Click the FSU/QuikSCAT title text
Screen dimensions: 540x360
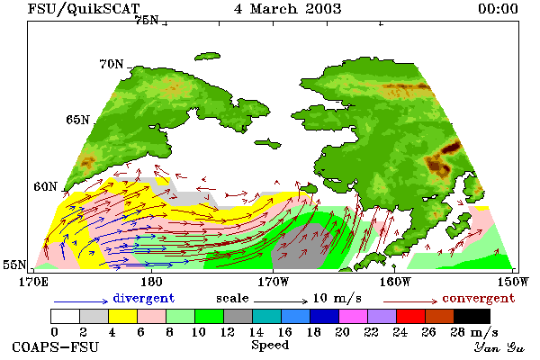tap(84, 9)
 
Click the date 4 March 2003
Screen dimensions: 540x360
tap(288, 9)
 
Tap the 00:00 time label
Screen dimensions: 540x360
tap(498, 9)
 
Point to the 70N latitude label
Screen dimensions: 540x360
tap(112, 64)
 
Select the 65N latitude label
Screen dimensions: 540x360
tap(77, 120)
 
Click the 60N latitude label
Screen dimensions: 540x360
tap(45, 186)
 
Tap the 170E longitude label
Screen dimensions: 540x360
tap(33, 282)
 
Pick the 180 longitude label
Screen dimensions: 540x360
tap(151, 282)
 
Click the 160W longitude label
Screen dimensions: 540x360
tap(395, 282)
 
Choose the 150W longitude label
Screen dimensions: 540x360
tap(513, 282)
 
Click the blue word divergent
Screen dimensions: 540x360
tap(144, 298)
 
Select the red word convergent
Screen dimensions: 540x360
tap(479, 298)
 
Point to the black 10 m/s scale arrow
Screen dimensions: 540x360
tap(281, 301)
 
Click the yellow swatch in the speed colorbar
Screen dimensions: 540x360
tap(122, 316)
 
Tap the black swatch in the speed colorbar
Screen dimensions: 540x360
tap(472, 316)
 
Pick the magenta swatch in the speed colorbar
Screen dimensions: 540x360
tap(354, 316)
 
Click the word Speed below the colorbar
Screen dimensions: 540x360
tap(270, 346)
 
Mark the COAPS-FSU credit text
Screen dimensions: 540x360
tap(55, 346)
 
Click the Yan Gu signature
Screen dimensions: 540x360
tap(499, 347)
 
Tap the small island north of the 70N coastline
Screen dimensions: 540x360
tap(207, 56)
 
